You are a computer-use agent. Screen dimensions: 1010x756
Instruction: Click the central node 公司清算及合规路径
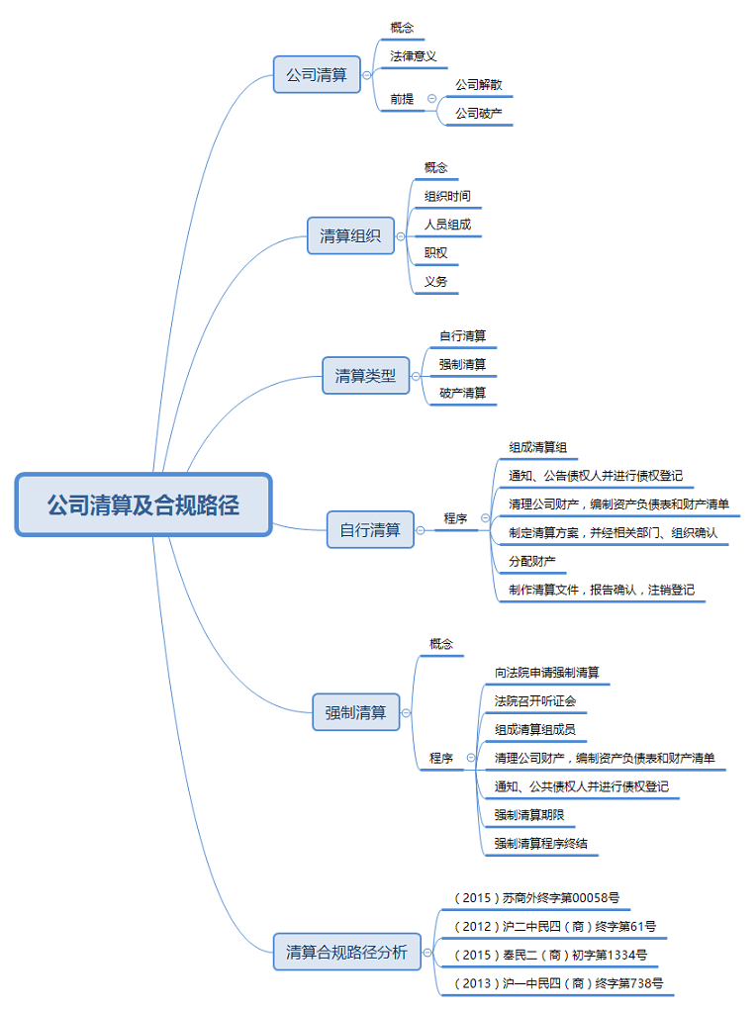coord(143,505)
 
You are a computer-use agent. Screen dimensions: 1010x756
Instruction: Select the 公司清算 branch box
coord(317,74)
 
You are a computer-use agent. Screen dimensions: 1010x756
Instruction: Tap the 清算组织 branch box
coord(350,235)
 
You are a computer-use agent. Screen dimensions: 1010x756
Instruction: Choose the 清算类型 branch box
coord(365,375)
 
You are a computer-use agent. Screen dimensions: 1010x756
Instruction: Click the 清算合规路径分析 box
coord(346,953)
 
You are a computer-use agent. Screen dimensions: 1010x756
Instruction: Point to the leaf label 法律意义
coord(413,56)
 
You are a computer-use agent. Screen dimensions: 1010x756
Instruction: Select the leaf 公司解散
coord(478,85)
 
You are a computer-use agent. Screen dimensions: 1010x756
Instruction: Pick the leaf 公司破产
coord(478,114)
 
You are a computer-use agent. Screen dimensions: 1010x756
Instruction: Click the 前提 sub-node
coord(402,99)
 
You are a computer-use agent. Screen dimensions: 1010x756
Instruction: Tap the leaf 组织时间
coord(447,196)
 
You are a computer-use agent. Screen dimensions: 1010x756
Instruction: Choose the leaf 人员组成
coord(447,225)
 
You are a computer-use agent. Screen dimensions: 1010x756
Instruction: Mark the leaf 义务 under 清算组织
coord(435,282)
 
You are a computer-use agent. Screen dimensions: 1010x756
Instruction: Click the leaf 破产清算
coord(462,393)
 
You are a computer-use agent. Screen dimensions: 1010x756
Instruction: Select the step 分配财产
coord(531,561)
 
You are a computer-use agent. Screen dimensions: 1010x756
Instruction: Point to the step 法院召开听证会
coord(534,701)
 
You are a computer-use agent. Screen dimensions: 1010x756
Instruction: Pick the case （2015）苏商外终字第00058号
coord(536,898)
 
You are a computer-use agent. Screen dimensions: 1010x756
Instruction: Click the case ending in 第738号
coord(558,983)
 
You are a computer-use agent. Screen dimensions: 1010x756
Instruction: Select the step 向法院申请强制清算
coord(546,673)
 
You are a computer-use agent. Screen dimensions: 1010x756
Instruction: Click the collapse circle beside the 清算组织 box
coord(401,236)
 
